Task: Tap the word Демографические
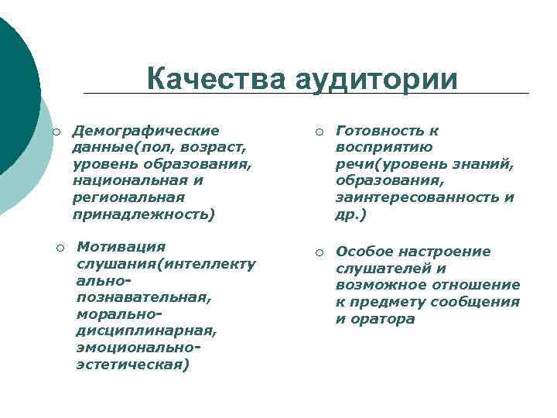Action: (x=145, y=130)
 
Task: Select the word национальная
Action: (x=132, y=180)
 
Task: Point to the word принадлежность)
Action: (x=144, y=214)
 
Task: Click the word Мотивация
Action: (x=121, y=246)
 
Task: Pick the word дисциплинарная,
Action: (x=146, y=331)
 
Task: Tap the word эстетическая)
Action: (x=132, y=364)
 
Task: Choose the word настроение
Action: (x=448, y=252)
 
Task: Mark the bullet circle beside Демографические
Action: (x=56, y=131)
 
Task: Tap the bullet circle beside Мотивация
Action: (x=60, y=247)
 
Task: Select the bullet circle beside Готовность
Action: (x=320, y=131)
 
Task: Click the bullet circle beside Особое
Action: (x=320, y=252)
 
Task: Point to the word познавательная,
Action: (x=143, y=296)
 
